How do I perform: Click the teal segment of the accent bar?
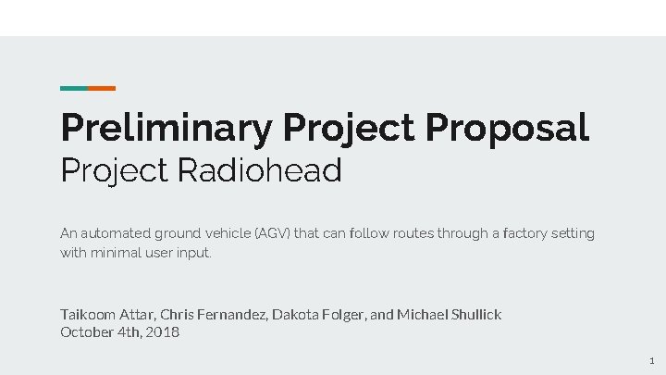[x=74, y=88]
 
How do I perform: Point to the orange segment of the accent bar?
[x=102, y=88]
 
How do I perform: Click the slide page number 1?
[x=651, y=360]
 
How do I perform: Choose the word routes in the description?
[x=414, y=233]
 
